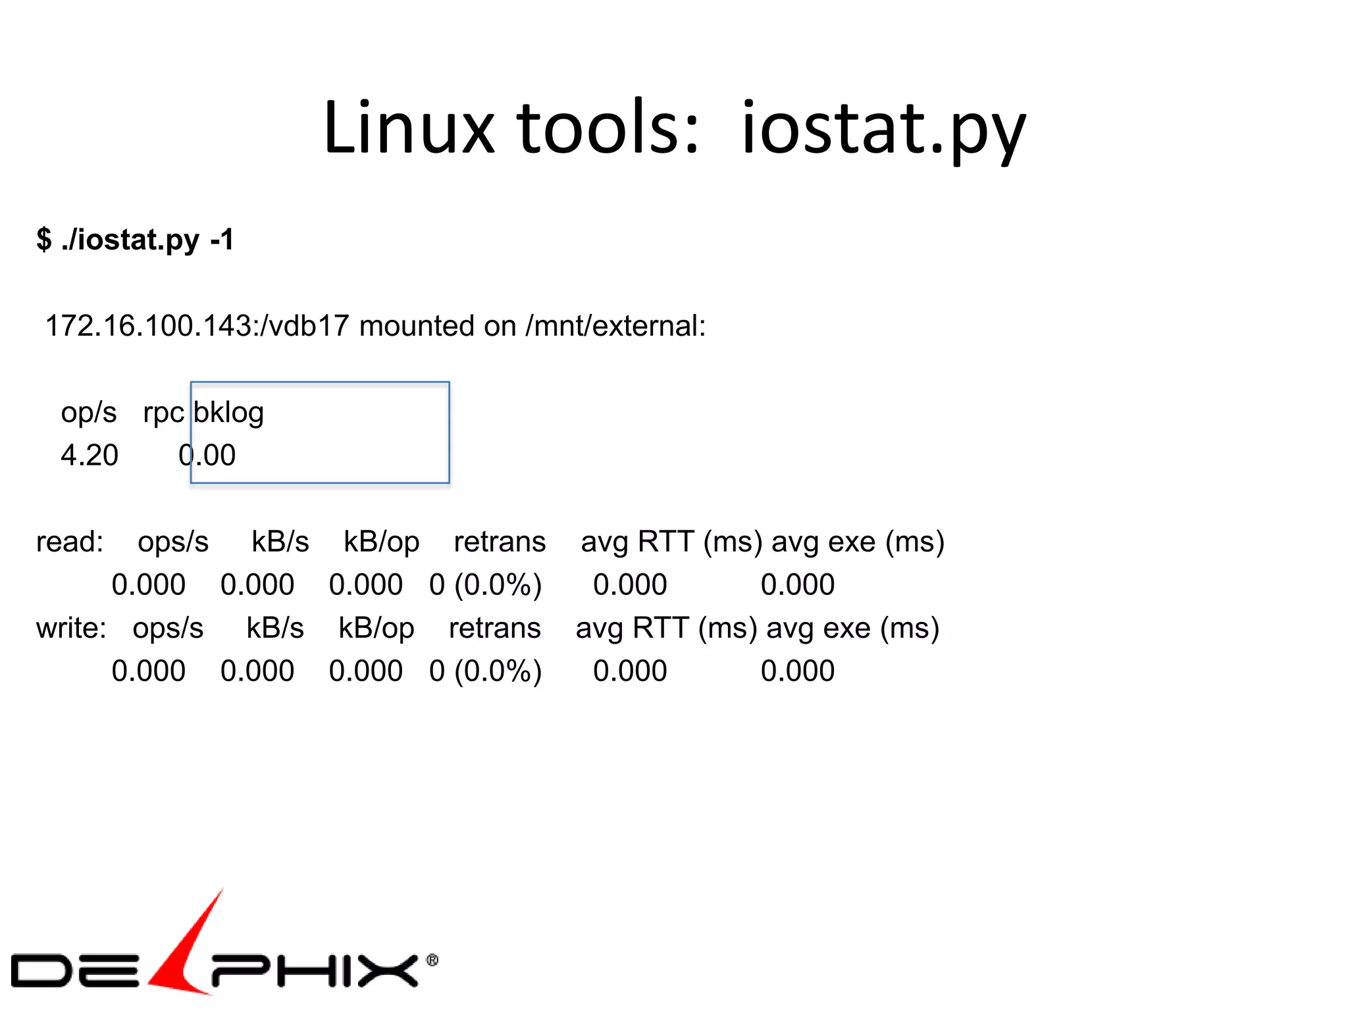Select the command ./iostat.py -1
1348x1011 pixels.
pyautogui.click(x=147, y=240)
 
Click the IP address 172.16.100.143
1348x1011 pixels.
pyautogui.click(x=148, y=326)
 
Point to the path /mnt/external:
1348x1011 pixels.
pyautogui.click(x=615, y=326)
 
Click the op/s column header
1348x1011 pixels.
pyautogui.click(x=89, y=413)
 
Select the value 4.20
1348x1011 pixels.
pyautogui.click(x=90, y=455)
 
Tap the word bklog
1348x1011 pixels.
pyautogui.click(x=228, y=413)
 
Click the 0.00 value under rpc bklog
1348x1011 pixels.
pyautogui.click(x=207, y=455)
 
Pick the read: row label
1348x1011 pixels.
pyautogui.click(x=70, y=542)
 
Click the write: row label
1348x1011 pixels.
pyautogui.click(x=71, y=629)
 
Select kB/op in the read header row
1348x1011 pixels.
pyautogui.click(x=381, y=542)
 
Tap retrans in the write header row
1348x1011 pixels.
pyautogui.click(x=494, y=629)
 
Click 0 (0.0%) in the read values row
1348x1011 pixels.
pyautogui.click(x=486, y=585)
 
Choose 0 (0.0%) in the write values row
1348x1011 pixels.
pyautogui.click(x=486, y=671)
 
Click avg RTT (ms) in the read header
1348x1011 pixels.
pyautogui.click(x=671, y=542)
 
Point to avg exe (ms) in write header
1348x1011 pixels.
pyautogui.click(x=852, y=629)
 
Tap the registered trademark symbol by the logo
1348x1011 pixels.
pyautogui.click(x=432, y=960)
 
